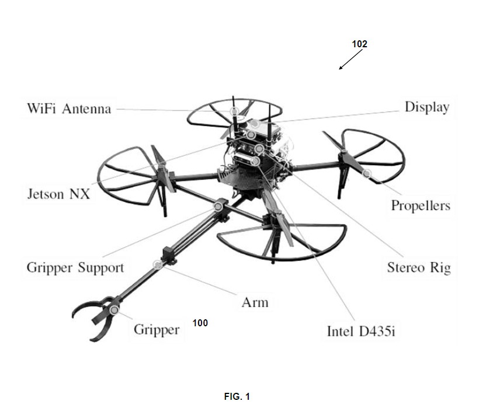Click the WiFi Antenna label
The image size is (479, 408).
(x=69, y=109)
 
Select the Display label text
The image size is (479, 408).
(x=427, y=108)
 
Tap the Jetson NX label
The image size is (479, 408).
(x=58, y=194)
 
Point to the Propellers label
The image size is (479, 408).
(x=421, y=206)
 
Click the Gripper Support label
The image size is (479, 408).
(x=75, y=268)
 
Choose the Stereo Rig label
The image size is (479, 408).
(x=419, y=268)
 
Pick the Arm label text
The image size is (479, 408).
(x=255, y=302)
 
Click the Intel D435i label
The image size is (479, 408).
(x=361, y=332)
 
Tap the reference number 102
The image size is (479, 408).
(x=359, y=44)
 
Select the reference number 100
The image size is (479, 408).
(x=200, y=323)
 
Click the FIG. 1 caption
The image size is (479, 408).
(x=237, y=396)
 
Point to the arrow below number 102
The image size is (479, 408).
(x=350, y=59)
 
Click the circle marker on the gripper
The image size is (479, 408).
(x=114, y=310)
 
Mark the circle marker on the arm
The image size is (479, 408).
(x=158, y=264)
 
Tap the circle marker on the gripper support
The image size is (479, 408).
(x=218, y=207)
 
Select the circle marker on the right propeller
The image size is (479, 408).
(x=367, y=173)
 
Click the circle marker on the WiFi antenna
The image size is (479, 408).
(x=234, y=111)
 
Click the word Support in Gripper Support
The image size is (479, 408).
(x=101, y=268)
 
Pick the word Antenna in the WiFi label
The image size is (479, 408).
(x=86, y=109)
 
